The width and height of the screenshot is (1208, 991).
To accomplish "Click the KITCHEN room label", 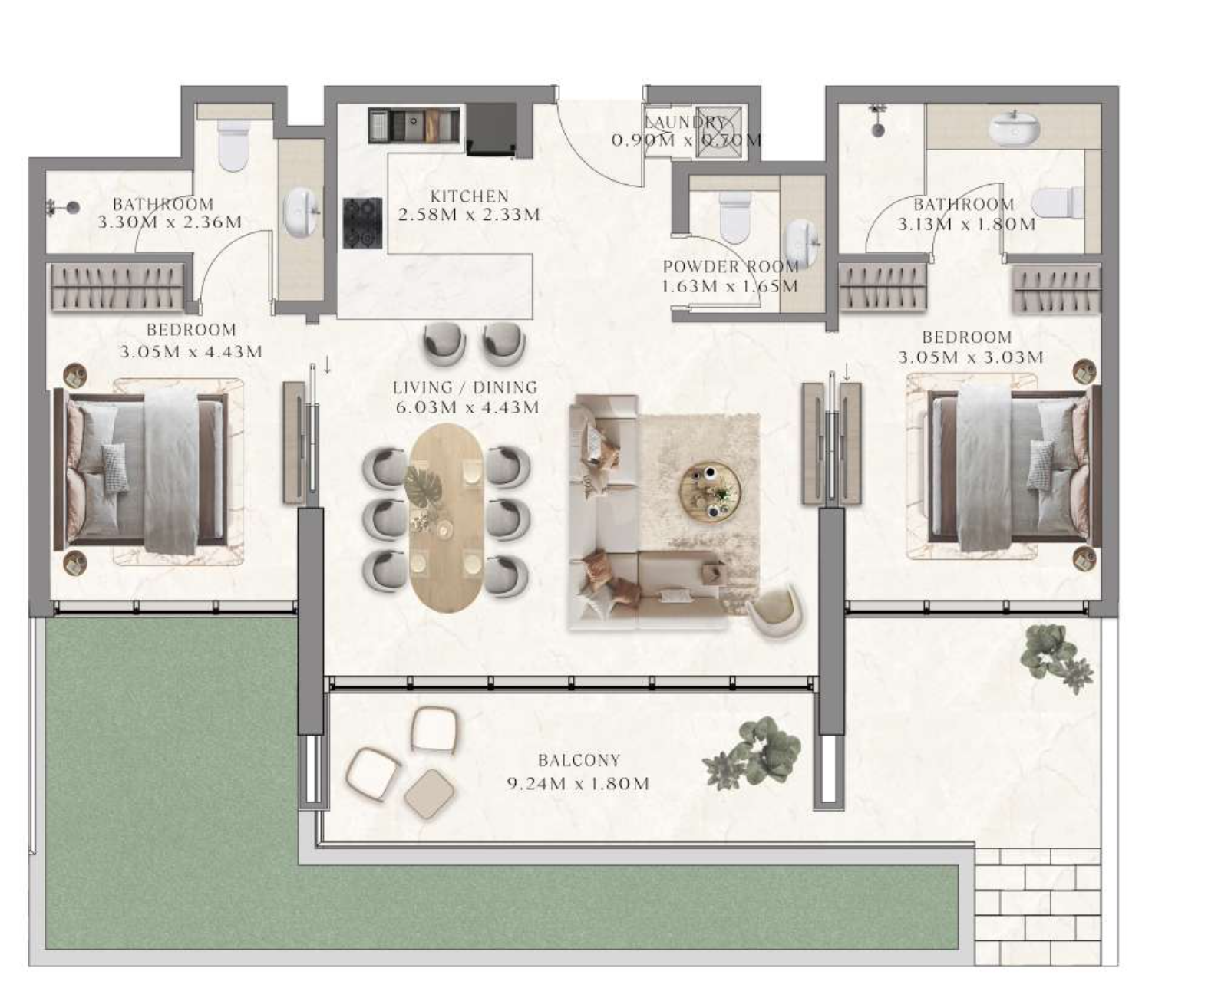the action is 469,196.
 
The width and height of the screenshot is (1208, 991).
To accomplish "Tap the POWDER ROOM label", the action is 731,267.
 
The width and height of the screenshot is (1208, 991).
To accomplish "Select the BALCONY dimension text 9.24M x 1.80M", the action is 578,783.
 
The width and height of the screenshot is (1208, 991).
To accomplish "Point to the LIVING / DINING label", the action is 465,387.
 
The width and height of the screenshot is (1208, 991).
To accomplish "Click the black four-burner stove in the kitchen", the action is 362,222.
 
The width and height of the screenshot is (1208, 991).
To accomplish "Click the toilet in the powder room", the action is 734,217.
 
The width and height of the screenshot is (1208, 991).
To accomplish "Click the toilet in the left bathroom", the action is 234,145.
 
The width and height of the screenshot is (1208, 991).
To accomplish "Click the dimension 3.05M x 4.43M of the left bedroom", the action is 191,351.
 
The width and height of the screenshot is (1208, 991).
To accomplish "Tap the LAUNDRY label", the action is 685,121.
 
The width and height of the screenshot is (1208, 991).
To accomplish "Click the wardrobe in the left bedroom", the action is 118,287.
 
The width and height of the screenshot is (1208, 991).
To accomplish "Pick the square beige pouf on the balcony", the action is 430,794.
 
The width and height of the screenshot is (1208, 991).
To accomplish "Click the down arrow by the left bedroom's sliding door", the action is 327,365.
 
